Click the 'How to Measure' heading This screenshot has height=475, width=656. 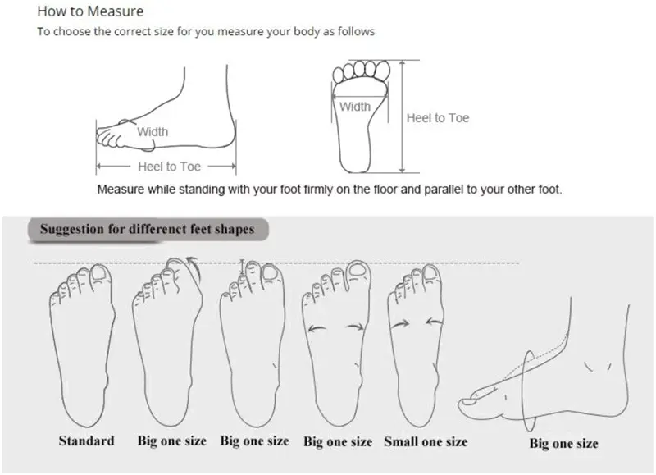point(90,11)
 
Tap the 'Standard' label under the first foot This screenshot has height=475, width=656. point(87,441)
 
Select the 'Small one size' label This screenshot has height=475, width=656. point(426,441)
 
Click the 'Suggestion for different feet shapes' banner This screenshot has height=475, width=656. point(148,229)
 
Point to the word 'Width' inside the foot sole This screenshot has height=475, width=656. point(355,107)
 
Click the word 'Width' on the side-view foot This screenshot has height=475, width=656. point(153,132)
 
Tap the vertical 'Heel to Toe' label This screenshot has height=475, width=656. point(438,118)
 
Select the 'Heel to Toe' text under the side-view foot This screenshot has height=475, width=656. point(170,167)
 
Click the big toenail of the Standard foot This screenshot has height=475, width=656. point(99,273)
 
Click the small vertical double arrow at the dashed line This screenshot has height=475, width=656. point(242,267)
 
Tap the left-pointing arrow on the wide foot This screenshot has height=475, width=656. point(317,328)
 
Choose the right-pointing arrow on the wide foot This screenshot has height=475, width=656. point(355,327)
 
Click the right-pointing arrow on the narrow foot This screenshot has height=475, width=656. point(400,323)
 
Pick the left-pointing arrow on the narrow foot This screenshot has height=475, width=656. point(435,322)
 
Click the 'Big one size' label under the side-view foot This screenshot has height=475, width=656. point(563,443)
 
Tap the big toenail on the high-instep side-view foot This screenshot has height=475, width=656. point(468,402)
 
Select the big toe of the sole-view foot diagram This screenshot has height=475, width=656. point(383,70)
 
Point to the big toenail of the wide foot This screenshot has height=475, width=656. point(357,270)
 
